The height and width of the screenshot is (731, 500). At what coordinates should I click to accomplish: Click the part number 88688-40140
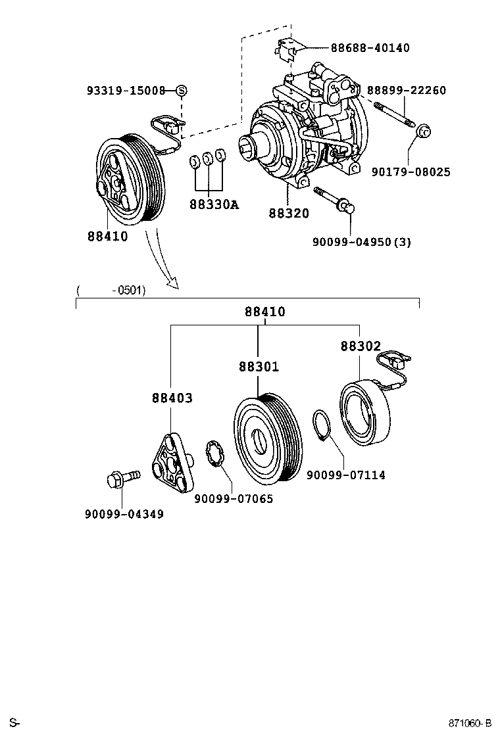[x=370, y=48]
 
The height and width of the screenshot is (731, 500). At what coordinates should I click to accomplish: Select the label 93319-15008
[x=126, y=91]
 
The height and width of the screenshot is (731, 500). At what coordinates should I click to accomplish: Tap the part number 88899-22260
[x=407, y=91]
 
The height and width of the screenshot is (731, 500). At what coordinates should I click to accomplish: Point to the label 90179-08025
[x=411, y=172]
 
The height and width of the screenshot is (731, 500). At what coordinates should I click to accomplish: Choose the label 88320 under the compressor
[x=288, y=213]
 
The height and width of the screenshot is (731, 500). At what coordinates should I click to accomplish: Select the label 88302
[x=361, y=346]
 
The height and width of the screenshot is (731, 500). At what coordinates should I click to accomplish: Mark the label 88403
[x=172, y=398]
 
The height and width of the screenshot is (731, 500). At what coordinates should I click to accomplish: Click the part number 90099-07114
[x=346, y=475]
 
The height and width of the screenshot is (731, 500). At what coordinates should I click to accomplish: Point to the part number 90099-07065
[x=234, y=499]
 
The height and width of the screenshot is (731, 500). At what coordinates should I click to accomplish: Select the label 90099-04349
[x=124, y=513]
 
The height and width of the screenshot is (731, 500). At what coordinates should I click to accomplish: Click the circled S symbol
[x=182, y=91]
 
